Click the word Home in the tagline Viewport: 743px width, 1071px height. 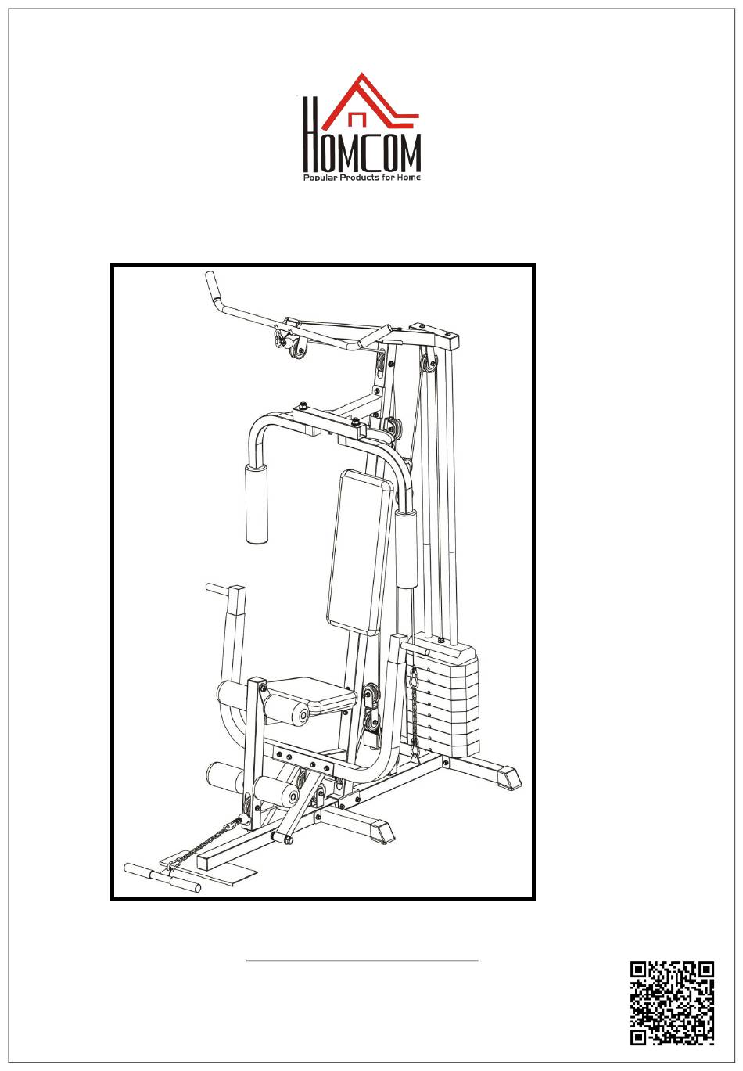[x=407, y=178]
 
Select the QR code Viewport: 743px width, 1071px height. [x=672, y=1002]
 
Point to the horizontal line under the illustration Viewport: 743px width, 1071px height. [x=362, y=959]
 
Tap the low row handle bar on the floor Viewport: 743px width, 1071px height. [x=162, y=877]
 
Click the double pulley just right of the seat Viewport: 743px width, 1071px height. [x=372, y=708]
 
